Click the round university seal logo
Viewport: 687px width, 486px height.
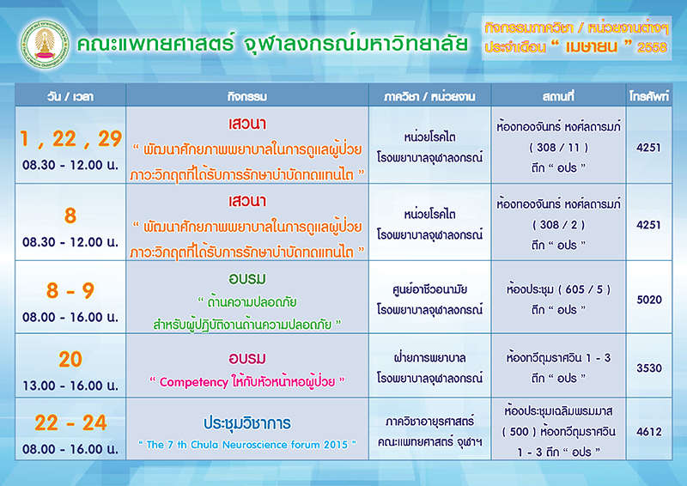click(x=45, y=44)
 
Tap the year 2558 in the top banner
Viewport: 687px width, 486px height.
click(x=652, y=47)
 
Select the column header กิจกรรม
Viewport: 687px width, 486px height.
click(x=247, y=96)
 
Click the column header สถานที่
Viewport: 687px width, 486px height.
click(x=558, y=96)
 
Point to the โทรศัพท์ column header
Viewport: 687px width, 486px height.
click(x=649, y=96)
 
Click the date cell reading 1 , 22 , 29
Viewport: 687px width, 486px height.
click(x=70, y=139)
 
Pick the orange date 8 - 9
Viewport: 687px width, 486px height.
click(x=70, y=290)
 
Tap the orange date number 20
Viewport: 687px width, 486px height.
click(x=70, y=360)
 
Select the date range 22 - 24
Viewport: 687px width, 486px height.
click(x=70, y=423)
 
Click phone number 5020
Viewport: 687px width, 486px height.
click(x=649, y=300)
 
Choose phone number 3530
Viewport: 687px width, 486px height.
click(x=649, y=368)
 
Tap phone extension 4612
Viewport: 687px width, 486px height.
click(x=649, y=432)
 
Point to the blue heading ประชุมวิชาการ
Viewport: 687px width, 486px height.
click(x=247, y=423)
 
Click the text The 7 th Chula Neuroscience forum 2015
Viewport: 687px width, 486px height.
click(x=247, y=445)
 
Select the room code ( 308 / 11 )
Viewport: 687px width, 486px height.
click(x=559, y=148)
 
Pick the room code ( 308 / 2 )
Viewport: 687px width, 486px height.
click(x=559, y=225)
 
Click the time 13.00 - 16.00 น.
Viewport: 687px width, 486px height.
click(x=70, y=386)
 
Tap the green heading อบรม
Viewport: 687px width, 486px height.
click(x=247, y=279)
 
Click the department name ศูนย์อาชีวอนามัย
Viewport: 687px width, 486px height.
click(x=430, y=289)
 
